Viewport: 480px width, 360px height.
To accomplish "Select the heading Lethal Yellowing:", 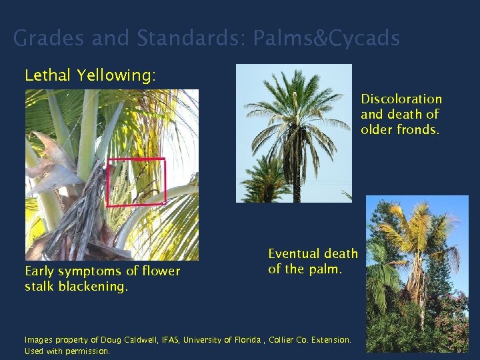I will point(90,75).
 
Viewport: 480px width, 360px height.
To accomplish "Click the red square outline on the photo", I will point(136,160).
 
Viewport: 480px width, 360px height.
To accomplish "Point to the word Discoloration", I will point(401,99).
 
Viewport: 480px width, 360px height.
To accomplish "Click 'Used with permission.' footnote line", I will point(67,351).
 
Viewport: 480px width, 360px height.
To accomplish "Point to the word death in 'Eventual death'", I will point(342,253).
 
